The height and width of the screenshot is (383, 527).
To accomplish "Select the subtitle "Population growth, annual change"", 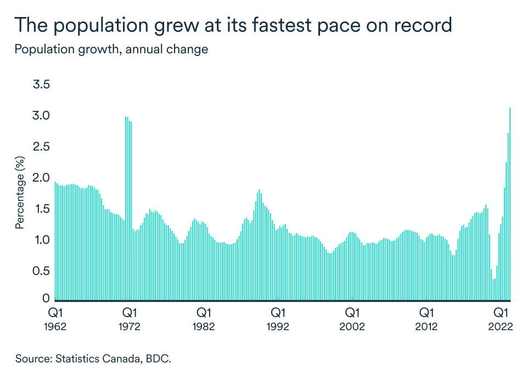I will (x=111, y=49).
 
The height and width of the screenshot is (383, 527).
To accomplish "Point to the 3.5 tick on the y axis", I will (x=42, y=85).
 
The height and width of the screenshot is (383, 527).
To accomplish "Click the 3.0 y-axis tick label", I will (x=42, y=116).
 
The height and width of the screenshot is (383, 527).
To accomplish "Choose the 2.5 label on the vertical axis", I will (x=42, y=147).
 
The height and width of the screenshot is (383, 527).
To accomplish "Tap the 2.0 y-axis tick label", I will (x=42, y=178).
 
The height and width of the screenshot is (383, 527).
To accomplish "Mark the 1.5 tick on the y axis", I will (x=42, y=209).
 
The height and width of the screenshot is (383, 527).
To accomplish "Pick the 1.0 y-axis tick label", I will (x=42, y=240).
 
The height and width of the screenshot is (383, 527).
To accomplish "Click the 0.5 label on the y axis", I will (x=42, y=271).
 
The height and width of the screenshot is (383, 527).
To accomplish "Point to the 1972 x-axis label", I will (x=130, y=326).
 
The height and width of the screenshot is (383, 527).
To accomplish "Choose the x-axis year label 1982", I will (x=204, y=326).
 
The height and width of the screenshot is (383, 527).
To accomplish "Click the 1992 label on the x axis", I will (x=278, y=326).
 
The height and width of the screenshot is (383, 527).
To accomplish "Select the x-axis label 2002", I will (x=352, y=326).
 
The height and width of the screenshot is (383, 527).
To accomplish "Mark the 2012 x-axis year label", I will (x=426, y=326).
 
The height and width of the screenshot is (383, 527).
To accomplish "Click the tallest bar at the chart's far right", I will (x=510, y=204).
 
